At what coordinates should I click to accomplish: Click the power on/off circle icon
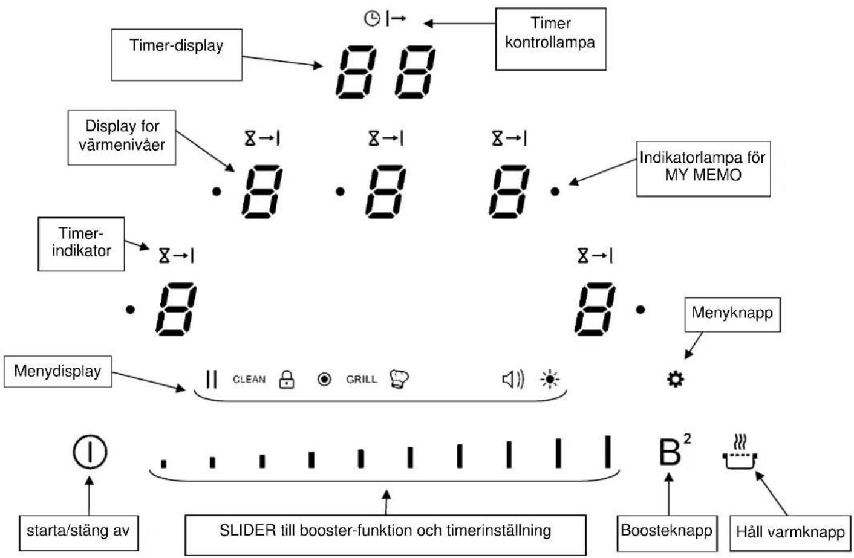pyautogui.click(x=90, y=452)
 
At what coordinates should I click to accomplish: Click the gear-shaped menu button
pyautogui.click(x=675, y=380)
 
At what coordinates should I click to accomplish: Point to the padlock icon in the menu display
pyautogui.click(x=287, y=379)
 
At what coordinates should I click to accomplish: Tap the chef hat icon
pyautogui.click(x=399, y=379)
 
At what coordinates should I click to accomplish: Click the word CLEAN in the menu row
pyautogui.click(x=249, y=380)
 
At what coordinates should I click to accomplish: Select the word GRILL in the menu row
pyautogui.click(x=361, y=380)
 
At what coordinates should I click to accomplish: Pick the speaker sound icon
pyautogui.click(x=513, y=380)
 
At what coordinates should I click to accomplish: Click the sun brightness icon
pyautogui.click(x=550, y=379)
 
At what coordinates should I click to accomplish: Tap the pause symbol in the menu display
pyautogui.click(x=212, y=379)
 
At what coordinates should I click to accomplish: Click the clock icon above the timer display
pyautogui.click(x=372, y=18)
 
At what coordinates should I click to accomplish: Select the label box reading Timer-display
pyautogui.click(x=177, y=54)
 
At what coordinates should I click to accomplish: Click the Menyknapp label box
pyautogui.click(x=732, y=314)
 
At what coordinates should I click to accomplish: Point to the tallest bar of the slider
pyautogui.click(x=608, y=452)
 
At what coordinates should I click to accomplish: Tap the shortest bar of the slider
pyautogui.click(x=163, y=464)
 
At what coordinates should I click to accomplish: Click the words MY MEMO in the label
pyautogui.click(x=703, y=175)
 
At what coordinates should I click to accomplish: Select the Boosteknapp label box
pyautogui.click(x=667, y=533)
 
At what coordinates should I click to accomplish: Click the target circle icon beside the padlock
pyautogui.click(x=324, y=379)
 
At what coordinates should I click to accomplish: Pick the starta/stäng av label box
pyautogui.click(x=79, y=533)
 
